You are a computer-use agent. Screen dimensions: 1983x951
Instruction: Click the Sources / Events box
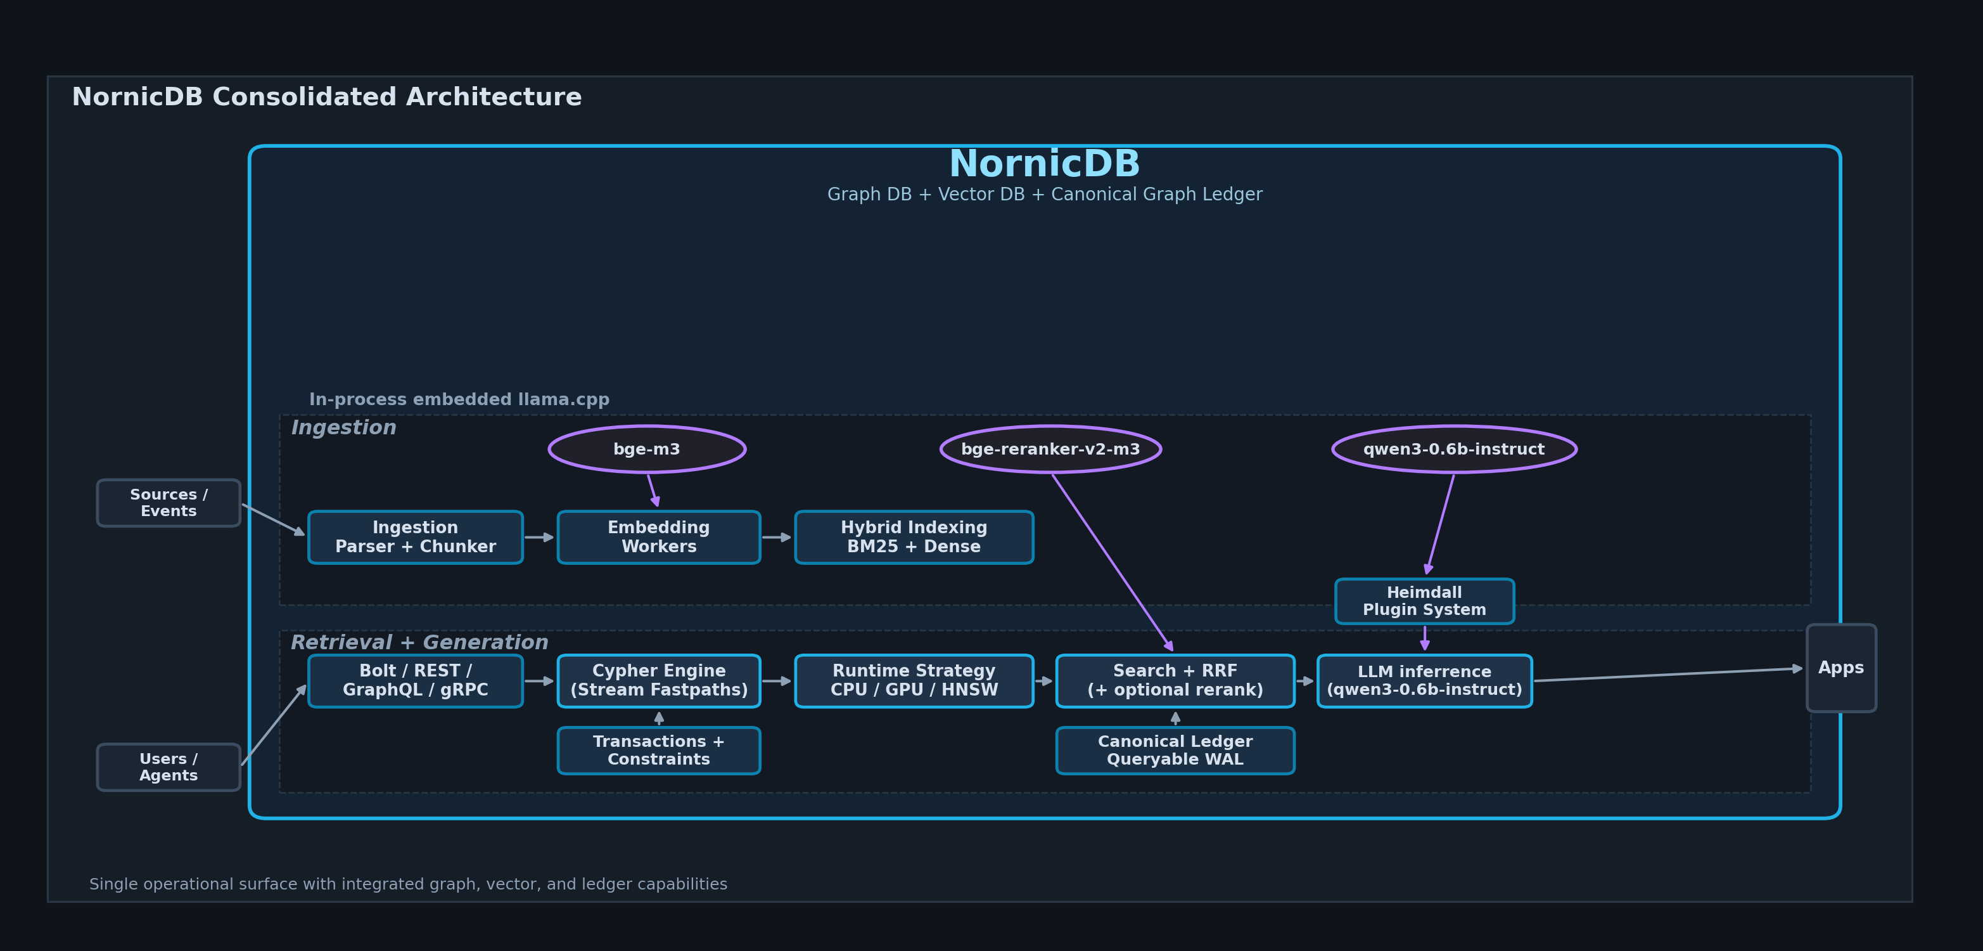click(169, 503)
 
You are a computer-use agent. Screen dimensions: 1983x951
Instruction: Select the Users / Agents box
click(169, 767)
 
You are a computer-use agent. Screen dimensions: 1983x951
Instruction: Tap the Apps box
click(1840, 668)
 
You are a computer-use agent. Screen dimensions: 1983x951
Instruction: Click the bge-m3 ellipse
click(647, 449)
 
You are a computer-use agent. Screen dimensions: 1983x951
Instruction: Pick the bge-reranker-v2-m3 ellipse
click(1051, 449)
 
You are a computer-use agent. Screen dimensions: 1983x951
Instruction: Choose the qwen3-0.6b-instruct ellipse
click(1454, 449)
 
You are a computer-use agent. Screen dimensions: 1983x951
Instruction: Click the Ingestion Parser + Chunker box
click(416, 537)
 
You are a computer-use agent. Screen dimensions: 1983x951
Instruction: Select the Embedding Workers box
click(659, 537)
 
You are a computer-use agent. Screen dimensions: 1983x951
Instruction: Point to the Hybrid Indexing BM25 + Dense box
click(914, 537)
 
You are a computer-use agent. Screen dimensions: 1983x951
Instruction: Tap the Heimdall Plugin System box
click(1424, 600)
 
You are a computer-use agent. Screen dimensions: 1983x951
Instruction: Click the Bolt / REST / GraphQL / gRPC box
click(416, 681)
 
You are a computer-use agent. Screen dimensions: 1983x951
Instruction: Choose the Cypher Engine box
click(659, 681)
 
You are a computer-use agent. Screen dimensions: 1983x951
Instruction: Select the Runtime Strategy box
click(914, 681)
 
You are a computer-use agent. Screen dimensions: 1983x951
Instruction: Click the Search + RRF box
click(1175, 681)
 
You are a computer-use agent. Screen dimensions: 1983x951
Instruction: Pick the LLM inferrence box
click(1424, 681)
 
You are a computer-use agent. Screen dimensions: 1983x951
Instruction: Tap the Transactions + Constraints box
click(659, 750)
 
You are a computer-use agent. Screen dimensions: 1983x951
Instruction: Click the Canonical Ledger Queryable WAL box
click(1175, 750)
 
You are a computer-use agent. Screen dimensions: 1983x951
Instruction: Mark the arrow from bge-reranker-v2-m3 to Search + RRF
click(1113, 563)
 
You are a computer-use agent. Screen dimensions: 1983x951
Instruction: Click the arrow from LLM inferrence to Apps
click(1668, 675)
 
